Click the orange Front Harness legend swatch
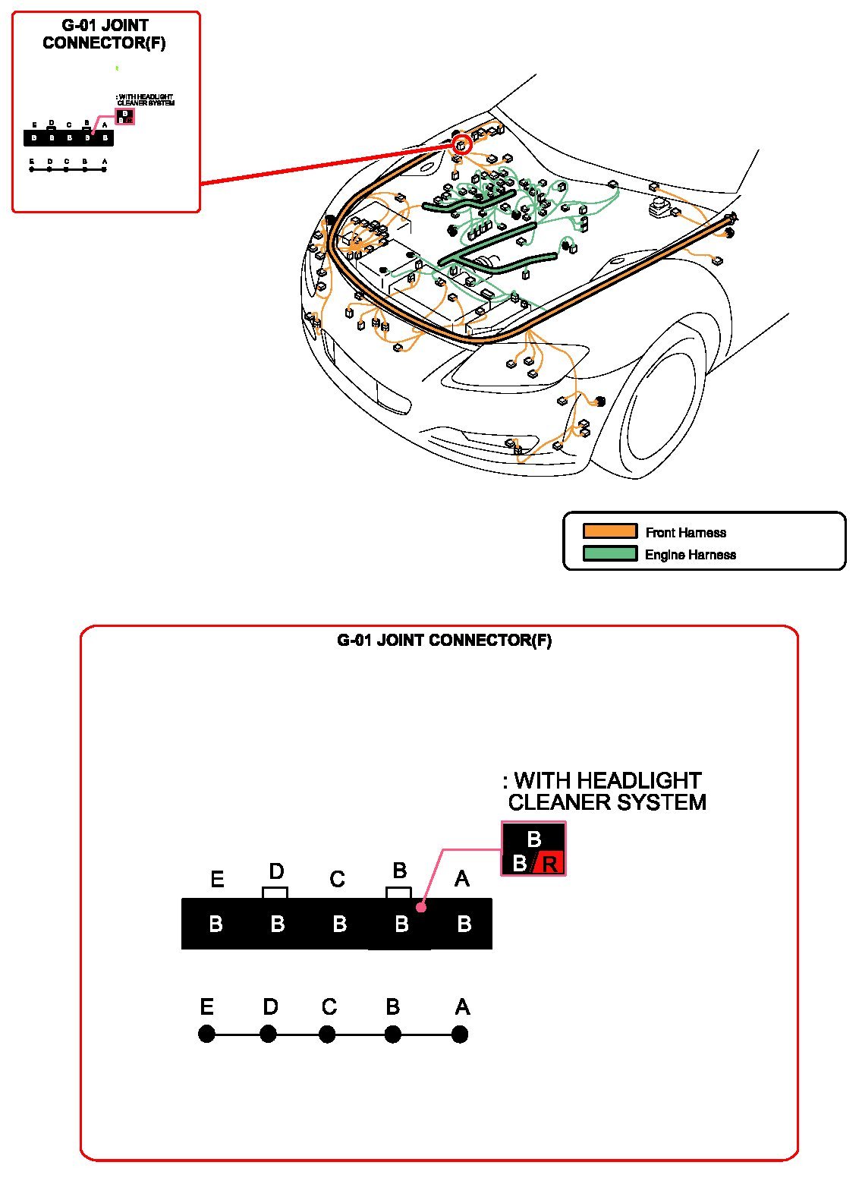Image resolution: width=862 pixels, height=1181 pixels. [609, 531]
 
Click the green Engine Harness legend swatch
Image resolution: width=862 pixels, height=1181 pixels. [609, 553]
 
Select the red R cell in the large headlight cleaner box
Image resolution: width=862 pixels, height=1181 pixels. [549, 864]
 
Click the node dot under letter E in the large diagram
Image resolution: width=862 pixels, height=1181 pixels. [206, 1034]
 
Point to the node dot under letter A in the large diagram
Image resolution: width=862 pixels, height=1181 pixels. [459, 1034]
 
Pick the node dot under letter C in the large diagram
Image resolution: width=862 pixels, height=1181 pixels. [327, 1034]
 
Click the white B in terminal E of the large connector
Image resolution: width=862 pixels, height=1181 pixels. [215, 924]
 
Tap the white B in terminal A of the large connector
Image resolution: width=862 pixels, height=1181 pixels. [464, 924]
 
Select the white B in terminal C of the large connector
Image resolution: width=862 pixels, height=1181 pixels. [339, 924]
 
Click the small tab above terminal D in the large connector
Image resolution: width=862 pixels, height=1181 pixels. [275, 893]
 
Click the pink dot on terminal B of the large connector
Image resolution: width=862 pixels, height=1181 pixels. [421, 907]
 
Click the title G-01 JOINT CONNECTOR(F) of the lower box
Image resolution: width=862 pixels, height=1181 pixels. [444, 640]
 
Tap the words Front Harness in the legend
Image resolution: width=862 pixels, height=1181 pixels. [685, 532]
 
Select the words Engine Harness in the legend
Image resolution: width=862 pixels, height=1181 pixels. [690, 554]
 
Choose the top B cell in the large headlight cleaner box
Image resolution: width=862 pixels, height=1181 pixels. [533, 839]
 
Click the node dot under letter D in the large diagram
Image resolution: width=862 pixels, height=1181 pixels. [268, 1034]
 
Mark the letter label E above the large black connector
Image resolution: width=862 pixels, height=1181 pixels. [217, 880]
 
